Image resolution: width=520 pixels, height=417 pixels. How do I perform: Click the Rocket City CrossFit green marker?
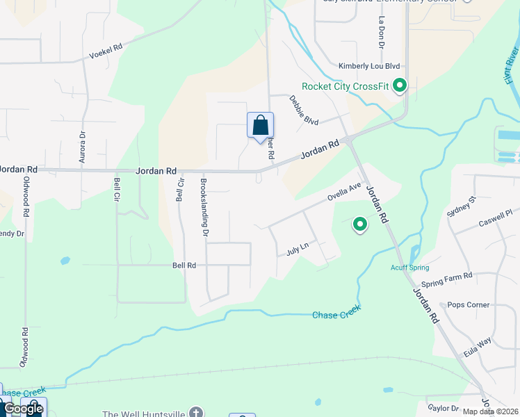coord(400,86)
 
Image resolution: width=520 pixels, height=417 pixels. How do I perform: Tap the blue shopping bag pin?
coord(260,126)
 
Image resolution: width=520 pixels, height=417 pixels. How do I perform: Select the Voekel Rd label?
coord(106,51)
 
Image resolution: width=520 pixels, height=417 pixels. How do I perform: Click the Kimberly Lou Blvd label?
coord(369,66)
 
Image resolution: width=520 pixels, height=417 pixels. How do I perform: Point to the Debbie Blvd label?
coord(303,111)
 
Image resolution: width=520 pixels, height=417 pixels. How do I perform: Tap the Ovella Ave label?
coord(346,193)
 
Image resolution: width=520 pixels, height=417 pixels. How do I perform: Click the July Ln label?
coord(296,249)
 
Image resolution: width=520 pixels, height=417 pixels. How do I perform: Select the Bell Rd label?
coord(184,265)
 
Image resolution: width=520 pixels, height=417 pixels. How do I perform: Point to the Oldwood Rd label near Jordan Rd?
coord(27,195)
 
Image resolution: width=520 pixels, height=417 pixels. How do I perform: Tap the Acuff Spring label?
coord(409,268)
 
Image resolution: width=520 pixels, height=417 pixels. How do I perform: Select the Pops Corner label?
coord(469,304)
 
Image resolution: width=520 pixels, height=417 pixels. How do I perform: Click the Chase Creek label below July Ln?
coord(336,314)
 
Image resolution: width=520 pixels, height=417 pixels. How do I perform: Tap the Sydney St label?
coord(461,206)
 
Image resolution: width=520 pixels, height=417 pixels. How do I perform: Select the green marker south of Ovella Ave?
coord(360,224)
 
